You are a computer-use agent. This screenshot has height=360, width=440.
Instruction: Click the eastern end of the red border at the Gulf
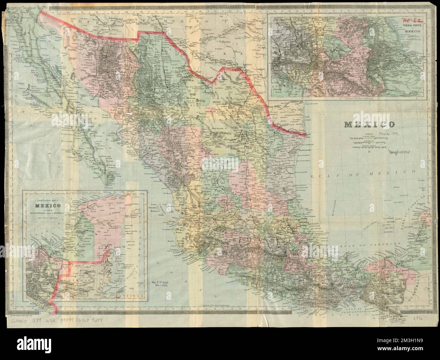point(307,135)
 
